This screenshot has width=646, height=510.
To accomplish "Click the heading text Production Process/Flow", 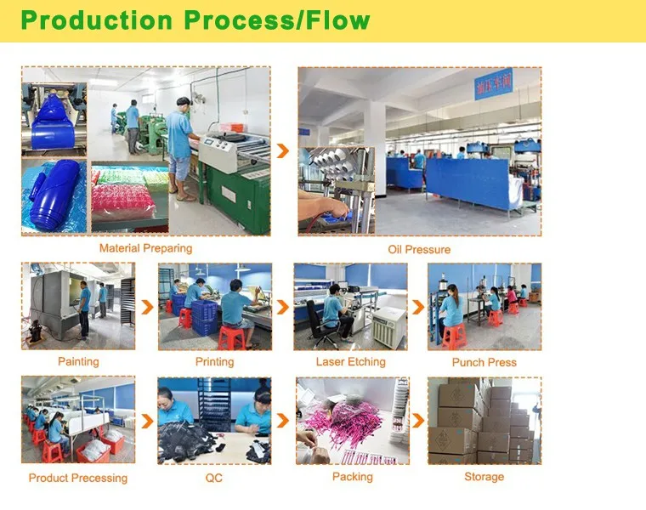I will pos(195,20).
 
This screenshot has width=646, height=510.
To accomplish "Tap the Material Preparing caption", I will pos(145,248).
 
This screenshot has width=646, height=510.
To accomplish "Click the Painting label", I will pos(78,361).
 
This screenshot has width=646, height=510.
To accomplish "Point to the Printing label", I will pos(214,361).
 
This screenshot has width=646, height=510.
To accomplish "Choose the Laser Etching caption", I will pos(350,361).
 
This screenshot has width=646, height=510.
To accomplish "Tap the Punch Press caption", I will pos(484,362).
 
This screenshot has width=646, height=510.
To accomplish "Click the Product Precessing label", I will pos(78,478).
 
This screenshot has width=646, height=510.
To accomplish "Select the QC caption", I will pos(214,478).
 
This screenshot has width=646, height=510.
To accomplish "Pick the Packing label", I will pos(352,477).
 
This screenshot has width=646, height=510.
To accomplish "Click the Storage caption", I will pos(484,477).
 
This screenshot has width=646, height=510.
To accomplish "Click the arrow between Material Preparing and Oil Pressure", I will pos(284,150).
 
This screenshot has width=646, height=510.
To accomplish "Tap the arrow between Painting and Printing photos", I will pos(146,307).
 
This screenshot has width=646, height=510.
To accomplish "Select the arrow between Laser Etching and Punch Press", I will pos(417,307).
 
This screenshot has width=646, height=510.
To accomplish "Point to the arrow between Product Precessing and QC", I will pos(146,420).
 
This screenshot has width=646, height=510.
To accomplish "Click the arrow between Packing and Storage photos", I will pos(417,420).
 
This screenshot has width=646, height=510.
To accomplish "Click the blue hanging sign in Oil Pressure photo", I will pos(493,84).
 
